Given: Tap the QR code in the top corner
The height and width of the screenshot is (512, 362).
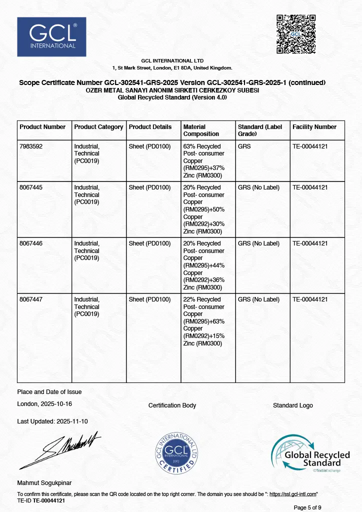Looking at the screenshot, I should tap(296, 34).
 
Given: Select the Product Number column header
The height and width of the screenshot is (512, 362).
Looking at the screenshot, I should tap(42, 127).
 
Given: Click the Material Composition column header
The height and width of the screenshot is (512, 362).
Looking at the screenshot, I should tap(201, 130).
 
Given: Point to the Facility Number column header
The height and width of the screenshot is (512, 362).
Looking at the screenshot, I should tap(314, 127).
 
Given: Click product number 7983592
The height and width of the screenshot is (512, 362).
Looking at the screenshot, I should tap(31, 146).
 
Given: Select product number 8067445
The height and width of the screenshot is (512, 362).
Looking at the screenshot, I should tap(31, 187).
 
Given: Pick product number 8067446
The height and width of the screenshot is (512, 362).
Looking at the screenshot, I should tap(31, 243).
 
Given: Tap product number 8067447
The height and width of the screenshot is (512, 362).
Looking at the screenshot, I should tap(31, 299).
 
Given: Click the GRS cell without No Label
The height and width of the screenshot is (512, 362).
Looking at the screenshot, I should tap(244, 146).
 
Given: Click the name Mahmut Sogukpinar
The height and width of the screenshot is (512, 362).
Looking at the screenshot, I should tap(44, 483).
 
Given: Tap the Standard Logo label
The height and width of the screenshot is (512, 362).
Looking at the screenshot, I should tap(292, 405).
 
